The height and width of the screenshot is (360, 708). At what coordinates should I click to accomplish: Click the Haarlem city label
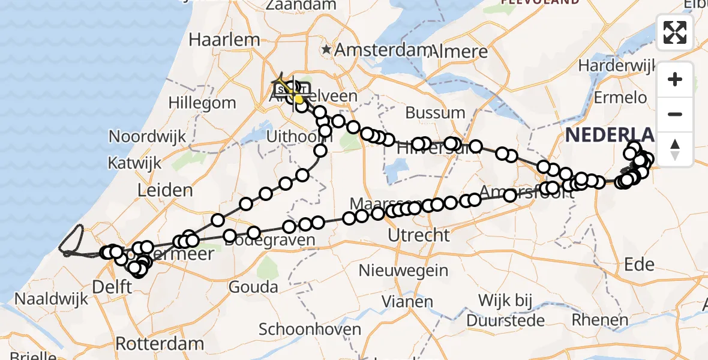click(224, 40)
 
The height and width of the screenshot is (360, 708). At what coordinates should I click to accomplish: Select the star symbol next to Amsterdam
click(327, 49)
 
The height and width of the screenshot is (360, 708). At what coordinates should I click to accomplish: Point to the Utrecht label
click(419, 235)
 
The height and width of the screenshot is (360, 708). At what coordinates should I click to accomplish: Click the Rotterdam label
click(160, 344)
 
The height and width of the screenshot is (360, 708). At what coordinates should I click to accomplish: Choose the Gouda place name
click(253, 287)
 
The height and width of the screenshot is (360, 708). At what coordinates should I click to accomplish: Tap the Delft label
click(112, 287)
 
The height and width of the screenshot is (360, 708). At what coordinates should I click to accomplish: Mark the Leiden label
click(164, 190)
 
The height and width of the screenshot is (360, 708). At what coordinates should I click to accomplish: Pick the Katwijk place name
click(135, 163)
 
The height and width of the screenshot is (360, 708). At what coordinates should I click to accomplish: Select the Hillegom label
click(202, 103)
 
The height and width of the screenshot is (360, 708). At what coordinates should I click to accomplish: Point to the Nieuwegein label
click(408, 270)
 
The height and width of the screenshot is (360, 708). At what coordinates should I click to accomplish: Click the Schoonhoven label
click(310, 329)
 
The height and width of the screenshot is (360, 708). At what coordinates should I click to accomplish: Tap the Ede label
click(640, 263)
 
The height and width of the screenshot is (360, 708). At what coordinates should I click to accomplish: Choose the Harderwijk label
click(616, 64)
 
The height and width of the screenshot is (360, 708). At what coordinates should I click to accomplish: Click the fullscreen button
click(675, 32)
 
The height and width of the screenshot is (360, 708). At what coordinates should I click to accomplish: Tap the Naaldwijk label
click(45, 298)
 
